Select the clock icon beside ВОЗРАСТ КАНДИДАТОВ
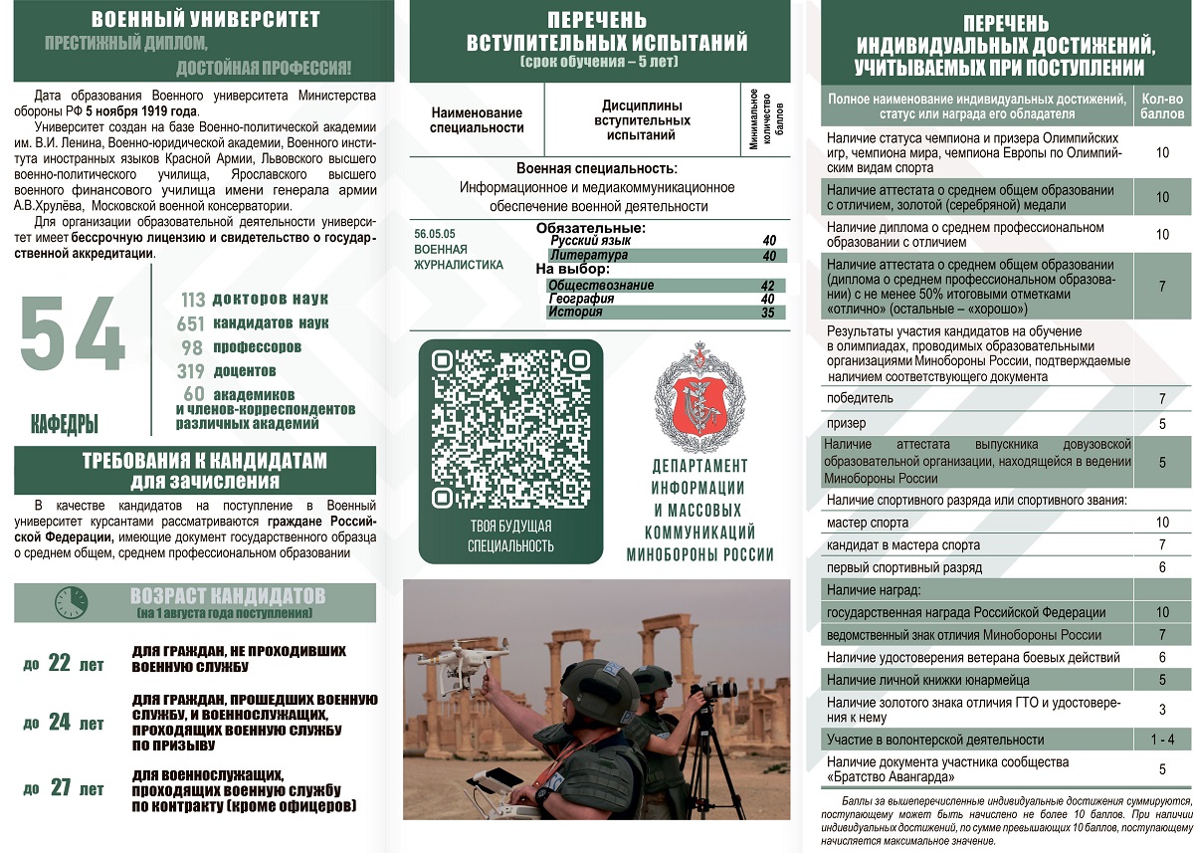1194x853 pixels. (x=71, y=602)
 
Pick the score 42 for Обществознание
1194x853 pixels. (x=767, y=286)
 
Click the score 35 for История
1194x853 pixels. (x=767, y=313)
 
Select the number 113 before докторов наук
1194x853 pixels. (x=193, y=299)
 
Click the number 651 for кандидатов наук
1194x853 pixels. (x=190, y=323)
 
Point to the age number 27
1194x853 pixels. (x=61, y=788)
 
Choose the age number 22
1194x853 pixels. (x=60, y=663)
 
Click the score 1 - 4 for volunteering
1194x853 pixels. (x=1162, y=740)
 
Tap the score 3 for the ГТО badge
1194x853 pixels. (x=1162, y=710)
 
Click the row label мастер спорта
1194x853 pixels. (x=868, y=523)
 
